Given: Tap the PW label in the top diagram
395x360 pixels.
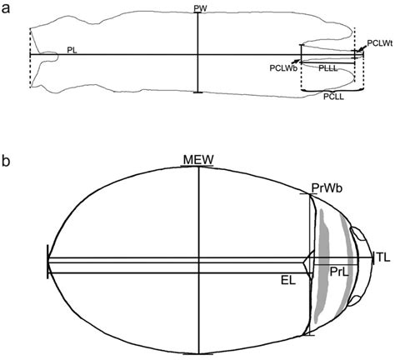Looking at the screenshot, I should pos(198,8).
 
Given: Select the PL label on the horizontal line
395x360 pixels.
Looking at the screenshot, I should pos(72,50).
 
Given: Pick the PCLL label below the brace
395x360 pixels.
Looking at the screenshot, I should pos(333,97).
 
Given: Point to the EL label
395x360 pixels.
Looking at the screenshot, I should pos(288,282).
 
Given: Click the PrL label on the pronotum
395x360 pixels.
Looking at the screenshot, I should pos(337,272).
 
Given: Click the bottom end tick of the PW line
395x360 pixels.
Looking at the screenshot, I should pos(197,92).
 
